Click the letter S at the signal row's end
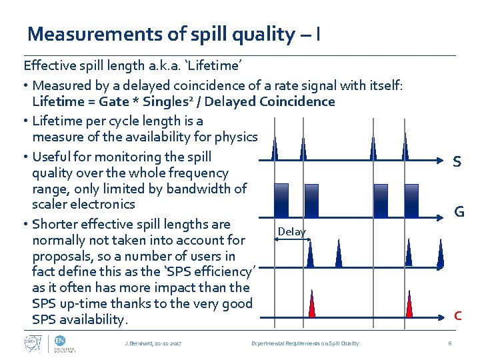pyautogui.click(x=457, y=162)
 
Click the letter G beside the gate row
pyautogui.click(x=459, y=212)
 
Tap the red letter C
pyautogui.click(x=458, y=315)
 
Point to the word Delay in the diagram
pyautogui.click(x=291, y=231)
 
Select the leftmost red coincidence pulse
pyautogui.click(x=312, y=305)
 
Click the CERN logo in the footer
pyautogui.click(x=29, y=343)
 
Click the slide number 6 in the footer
pyautogui.click(x=450, y=343)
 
